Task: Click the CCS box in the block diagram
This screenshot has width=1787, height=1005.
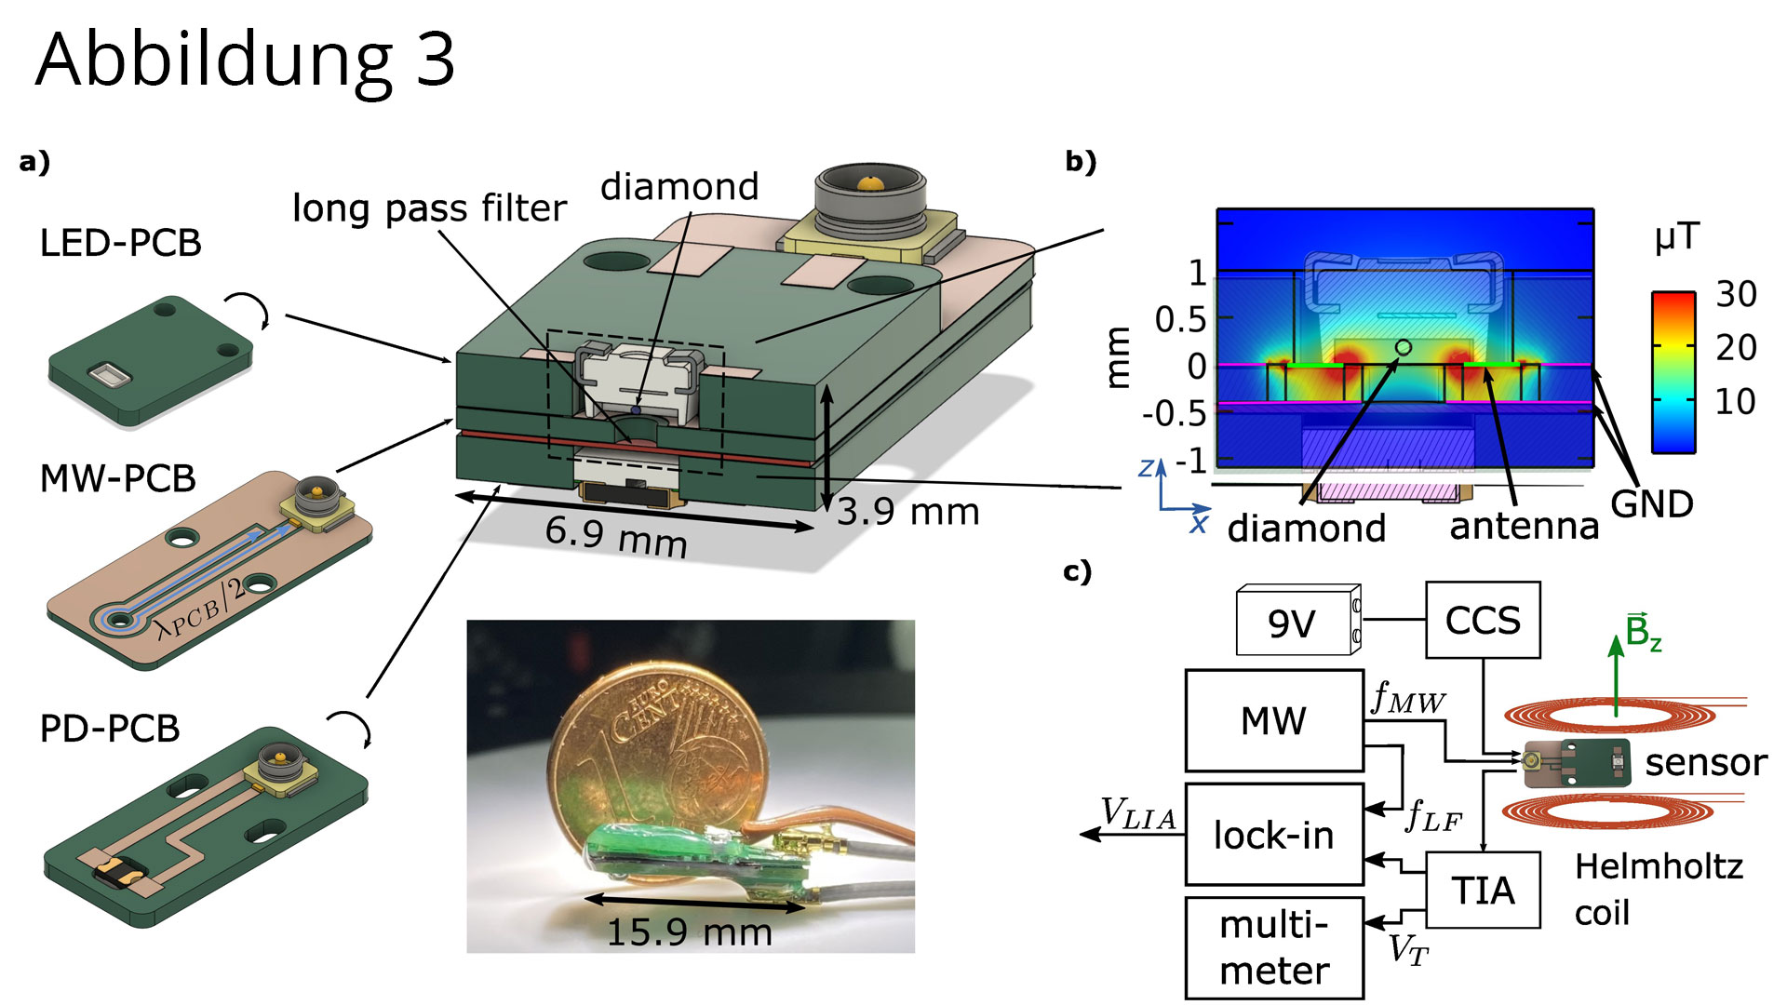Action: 1483,621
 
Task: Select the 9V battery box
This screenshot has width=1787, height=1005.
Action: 1294,622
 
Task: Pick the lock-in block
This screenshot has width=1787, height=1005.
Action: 1274,835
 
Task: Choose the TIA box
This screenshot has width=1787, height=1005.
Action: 1483,891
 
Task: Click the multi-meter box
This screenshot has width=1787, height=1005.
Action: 1274,948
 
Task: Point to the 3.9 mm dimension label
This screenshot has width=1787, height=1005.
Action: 908,512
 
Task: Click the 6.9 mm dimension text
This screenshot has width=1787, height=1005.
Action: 616,537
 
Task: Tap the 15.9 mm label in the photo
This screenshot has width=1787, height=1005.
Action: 690,931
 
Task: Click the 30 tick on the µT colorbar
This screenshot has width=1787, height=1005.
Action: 1736,295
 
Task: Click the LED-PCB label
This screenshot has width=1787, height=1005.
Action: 121,243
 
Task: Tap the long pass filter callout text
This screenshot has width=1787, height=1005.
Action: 429,208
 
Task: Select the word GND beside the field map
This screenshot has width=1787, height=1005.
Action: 1652,504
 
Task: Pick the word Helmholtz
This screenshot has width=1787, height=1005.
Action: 1659,866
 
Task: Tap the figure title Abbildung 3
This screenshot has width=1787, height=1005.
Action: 246,60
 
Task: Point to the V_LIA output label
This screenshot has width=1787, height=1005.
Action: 1137,814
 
